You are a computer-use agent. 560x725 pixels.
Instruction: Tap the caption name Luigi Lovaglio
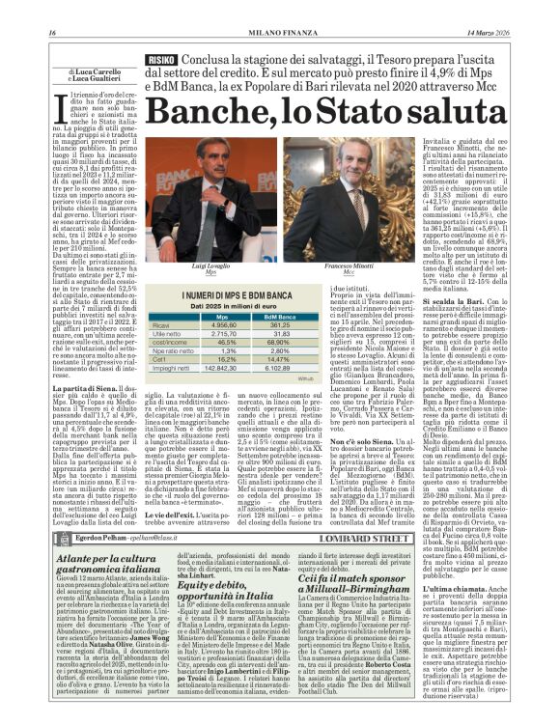[x=211, y=263]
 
